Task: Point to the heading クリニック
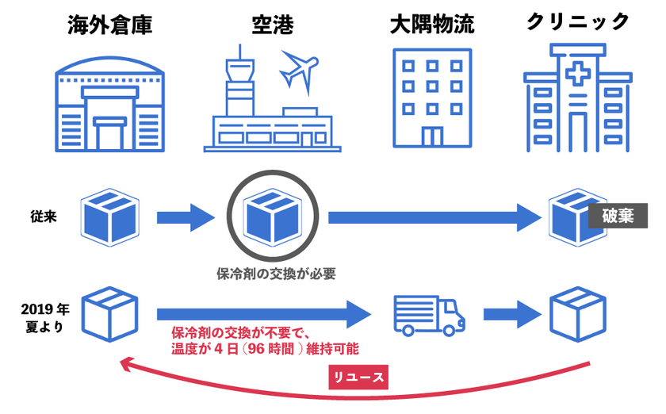pyautogui.click(x=578, y=23)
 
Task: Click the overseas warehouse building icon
pyautogui.click(x=110, y=102)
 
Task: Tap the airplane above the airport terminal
pyautogui.click(x=298, y=70)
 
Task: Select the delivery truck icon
pyautogui.click(x=428, y=314)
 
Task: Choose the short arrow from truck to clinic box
pyautogui.click(x=511, y=312)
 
